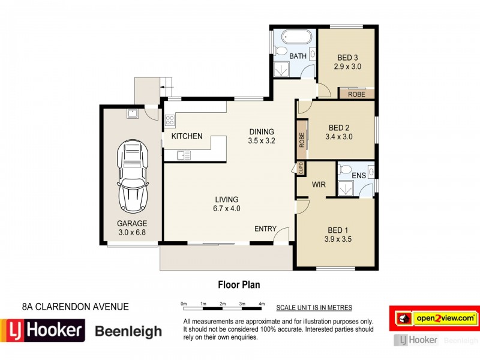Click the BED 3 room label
(x=347, y=58)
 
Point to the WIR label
(x=318, y=185)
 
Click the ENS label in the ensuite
(x=359, y=176)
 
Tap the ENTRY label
(x=265, y=229)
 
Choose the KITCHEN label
(x=187, y=137)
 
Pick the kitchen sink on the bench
(x=184, y=155)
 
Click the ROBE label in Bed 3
(x=356, y=94)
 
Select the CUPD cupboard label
(x=301, y=168)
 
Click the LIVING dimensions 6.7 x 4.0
(x=227, y=209)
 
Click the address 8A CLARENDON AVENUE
(x=75, y=307)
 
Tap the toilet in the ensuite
(x=345, y=171)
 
